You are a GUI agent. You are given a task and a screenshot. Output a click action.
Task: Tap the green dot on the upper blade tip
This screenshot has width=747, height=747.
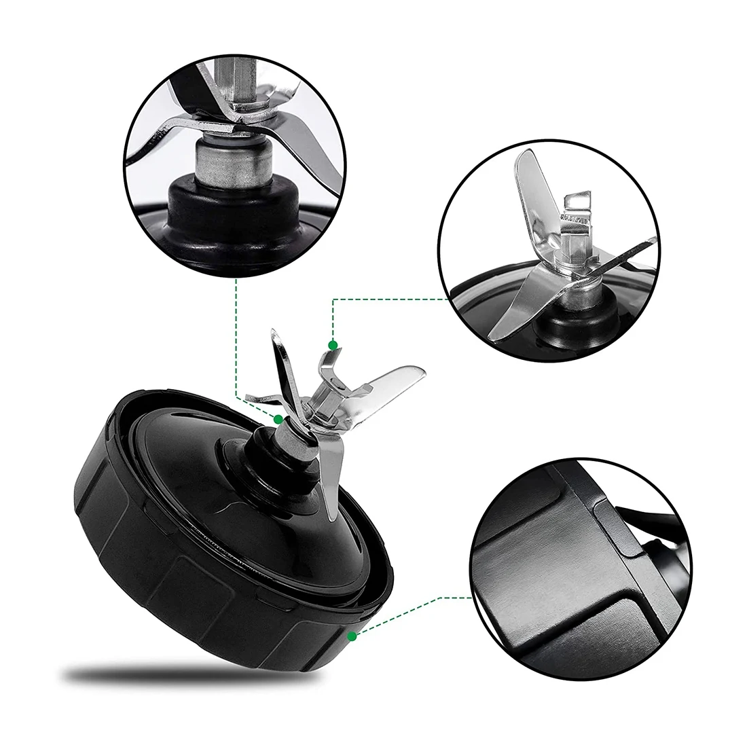[x=333, y=346]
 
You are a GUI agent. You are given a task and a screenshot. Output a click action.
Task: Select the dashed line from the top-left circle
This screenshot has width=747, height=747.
[x=236, y=340]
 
